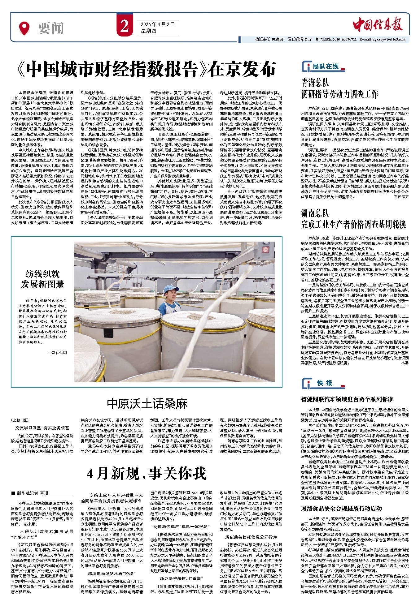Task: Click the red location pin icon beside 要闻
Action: click(x=24, y=28)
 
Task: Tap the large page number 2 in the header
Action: click(x=125, y=27)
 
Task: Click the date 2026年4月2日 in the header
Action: click(x=157, y=24)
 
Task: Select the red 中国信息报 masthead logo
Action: click(x=378, y=25)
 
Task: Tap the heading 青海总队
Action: click(x=315, y=83)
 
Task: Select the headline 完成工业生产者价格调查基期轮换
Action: click(x=353, y=224)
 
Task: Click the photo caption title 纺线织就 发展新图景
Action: click(x=42, y=279)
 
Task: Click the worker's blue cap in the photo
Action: click(x=171, y=289)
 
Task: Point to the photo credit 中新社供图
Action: click(x=57, y=352)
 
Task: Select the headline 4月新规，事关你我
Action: click(x=147, y=473)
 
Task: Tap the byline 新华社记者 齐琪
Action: click(x=33, y=493)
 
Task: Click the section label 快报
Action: click(x=324, y=383)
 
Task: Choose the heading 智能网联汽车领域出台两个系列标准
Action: click(x=347, y=399)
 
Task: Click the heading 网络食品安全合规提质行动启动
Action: click(x=341, y=508)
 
